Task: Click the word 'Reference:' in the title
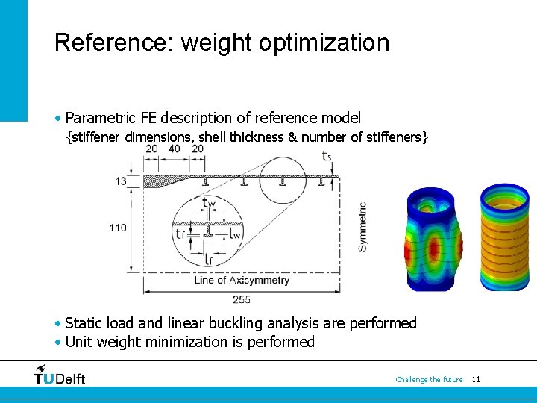[x=114, y=43]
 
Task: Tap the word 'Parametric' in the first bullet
[x=100, y=118]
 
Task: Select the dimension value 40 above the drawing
[x=175, y=149]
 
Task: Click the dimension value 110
[x=117, y=228]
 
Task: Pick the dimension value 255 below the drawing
[x=242, y=300]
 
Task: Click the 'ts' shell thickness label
[x=327, y=156]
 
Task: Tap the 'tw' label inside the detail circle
[x=210, y=202]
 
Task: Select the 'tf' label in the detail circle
[x=179, y=234]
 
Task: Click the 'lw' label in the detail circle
[x=235, y=234]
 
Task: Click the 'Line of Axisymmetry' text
[x=242, y=281]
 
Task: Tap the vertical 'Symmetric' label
[x=362, y=226]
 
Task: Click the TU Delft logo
[x=60, y=375]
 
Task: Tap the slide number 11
[x=476, y=380]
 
